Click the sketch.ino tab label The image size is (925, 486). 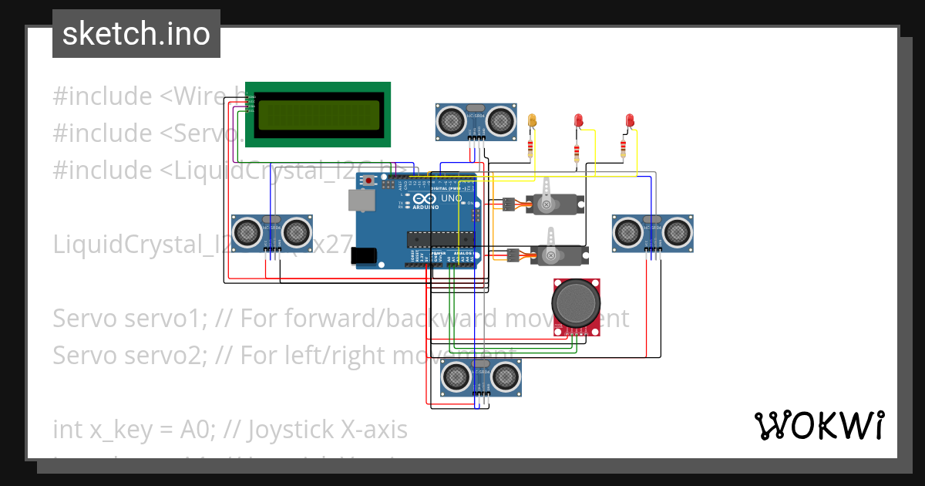[136, 34]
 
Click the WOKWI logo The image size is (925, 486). [819, 425]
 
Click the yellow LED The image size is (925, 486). [531, 120]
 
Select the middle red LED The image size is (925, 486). [578, 120]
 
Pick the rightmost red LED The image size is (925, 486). [630, 120]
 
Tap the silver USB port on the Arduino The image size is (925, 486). [359, 201]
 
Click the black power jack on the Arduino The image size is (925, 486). [363, 256]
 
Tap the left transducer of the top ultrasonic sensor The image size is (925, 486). [449, 120]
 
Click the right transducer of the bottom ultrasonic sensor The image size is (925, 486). [505, 376]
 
